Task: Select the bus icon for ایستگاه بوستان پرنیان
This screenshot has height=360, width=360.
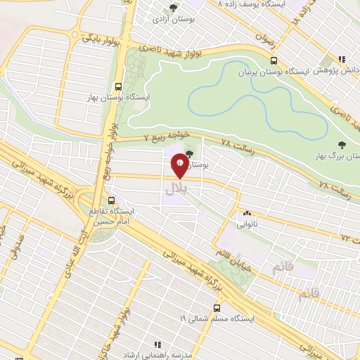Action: pyautogui.click(x=274, y=60)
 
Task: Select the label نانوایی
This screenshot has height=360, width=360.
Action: pyautogui.click(x=246, y=224)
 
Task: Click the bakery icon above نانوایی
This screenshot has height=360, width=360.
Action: pyautogui.click(x=246, y=214)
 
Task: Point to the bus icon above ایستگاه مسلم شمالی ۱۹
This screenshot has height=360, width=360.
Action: pyautogui.click(x=217, y=307)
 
